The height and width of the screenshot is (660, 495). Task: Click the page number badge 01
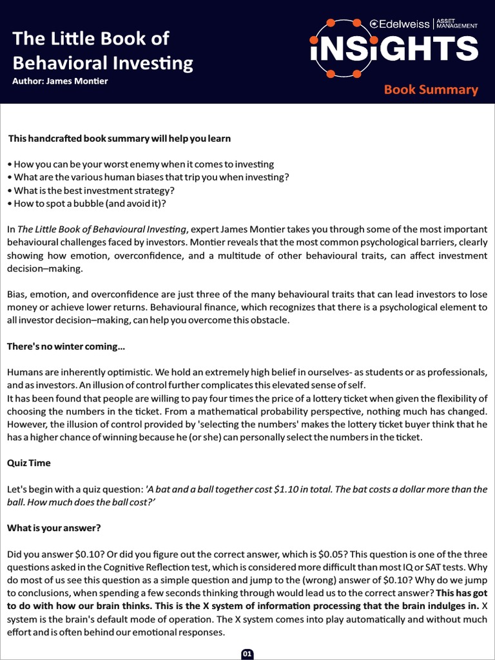[x=247, y=654]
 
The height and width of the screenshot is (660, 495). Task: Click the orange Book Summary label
[x=431, y=90]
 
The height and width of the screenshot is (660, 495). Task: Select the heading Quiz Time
[x=28, y=463]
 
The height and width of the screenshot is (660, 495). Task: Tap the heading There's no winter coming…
[x=66, y=347]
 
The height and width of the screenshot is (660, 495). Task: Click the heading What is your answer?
[x=54, y=528]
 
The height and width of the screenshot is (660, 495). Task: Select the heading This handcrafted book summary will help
[x=119, y=139]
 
